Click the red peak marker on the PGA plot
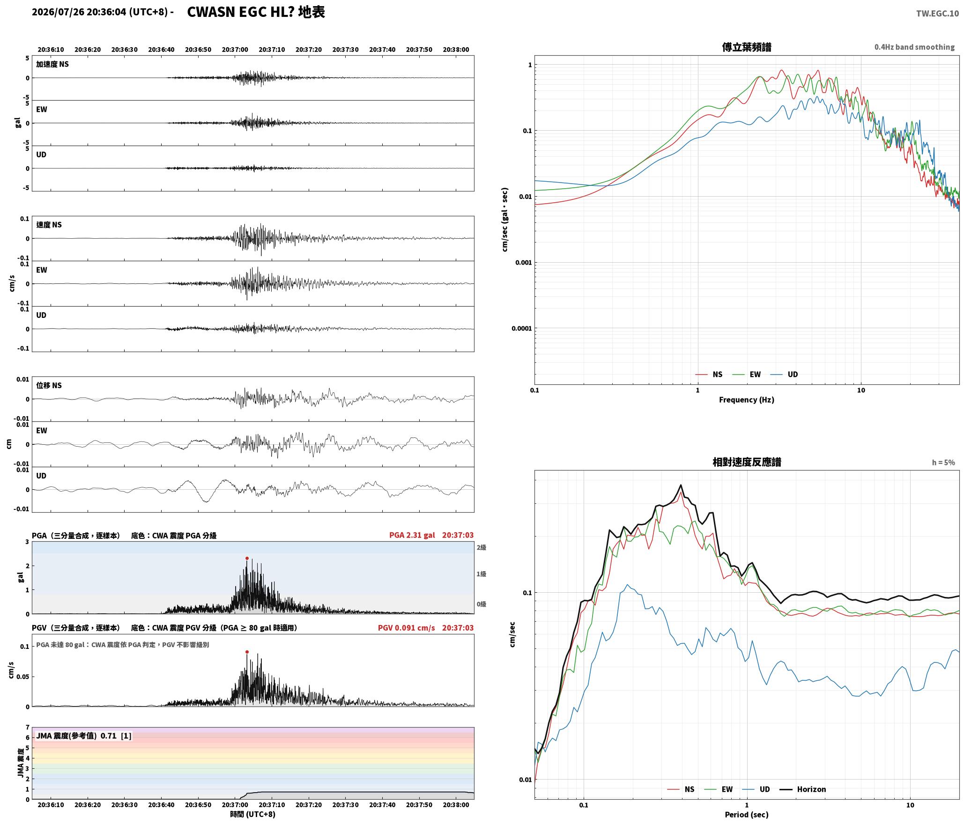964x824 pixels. click(247, 558)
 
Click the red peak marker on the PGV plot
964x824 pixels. click(247, 652)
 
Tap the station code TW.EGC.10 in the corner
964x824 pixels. click(937, 14)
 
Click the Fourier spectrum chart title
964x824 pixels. click(747, 47)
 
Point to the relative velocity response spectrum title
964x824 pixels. click(747, 462)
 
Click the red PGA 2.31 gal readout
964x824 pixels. click(412, 535)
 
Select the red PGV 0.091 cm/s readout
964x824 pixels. click(406, 627)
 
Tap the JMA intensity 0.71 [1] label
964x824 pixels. click(84, 736)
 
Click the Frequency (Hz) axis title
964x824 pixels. click(747, 399)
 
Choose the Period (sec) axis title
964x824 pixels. click(747, 814)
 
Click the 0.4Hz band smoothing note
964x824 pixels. click(914, 47)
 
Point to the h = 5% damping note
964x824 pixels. click(943, 462)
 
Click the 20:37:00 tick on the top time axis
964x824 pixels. click(235, 49)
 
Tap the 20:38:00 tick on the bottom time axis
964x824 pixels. click(456, 804)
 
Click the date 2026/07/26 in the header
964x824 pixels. click(58, 12)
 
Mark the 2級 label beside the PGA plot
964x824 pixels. click(482, 547)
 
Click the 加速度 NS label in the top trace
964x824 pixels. click(52, 64)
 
